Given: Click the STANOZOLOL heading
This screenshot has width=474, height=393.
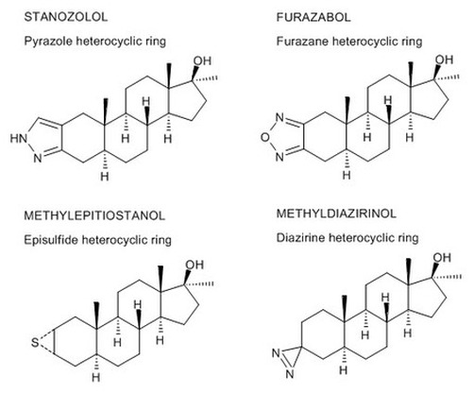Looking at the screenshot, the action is (x=66, y=17).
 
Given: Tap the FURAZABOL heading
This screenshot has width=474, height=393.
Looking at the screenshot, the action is (x=313, y=17).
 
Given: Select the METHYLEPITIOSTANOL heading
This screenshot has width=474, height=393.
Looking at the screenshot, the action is (x=94, y=215).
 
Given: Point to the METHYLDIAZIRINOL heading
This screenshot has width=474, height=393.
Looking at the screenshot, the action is (x=336, y=214).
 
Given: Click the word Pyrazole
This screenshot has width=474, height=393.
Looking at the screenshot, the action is (x=48, y=42).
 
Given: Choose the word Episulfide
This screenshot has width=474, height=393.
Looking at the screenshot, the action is (x=51, y=240).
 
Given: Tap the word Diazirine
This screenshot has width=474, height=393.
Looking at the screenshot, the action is (x=299, y=238).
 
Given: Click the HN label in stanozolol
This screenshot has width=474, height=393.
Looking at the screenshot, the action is (x=19, y=138).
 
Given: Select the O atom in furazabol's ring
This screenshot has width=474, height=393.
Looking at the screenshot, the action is (x=265, y=137).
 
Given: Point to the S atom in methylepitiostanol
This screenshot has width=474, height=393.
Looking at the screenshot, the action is (x=35, y=342).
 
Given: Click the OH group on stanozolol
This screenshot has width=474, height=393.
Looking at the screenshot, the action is (x=202, y=60).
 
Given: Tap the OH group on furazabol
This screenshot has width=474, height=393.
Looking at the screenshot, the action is (x=444, y=60).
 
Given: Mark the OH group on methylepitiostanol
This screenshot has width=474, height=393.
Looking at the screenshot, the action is (x=195, y=265).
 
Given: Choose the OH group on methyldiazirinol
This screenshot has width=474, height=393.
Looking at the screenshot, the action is (x=442, y=258).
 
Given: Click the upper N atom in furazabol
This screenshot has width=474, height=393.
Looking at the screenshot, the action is (x=279, y=118).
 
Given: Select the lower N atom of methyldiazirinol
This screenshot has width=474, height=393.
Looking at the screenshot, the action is (x=290, y=374).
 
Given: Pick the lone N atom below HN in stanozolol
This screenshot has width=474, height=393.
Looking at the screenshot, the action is (x=38, y=158).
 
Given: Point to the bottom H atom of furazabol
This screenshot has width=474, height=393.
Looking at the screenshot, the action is (x=347, y=175).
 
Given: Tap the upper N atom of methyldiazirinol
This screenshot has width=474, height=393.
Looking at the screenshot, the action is (x=276, y=353).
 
